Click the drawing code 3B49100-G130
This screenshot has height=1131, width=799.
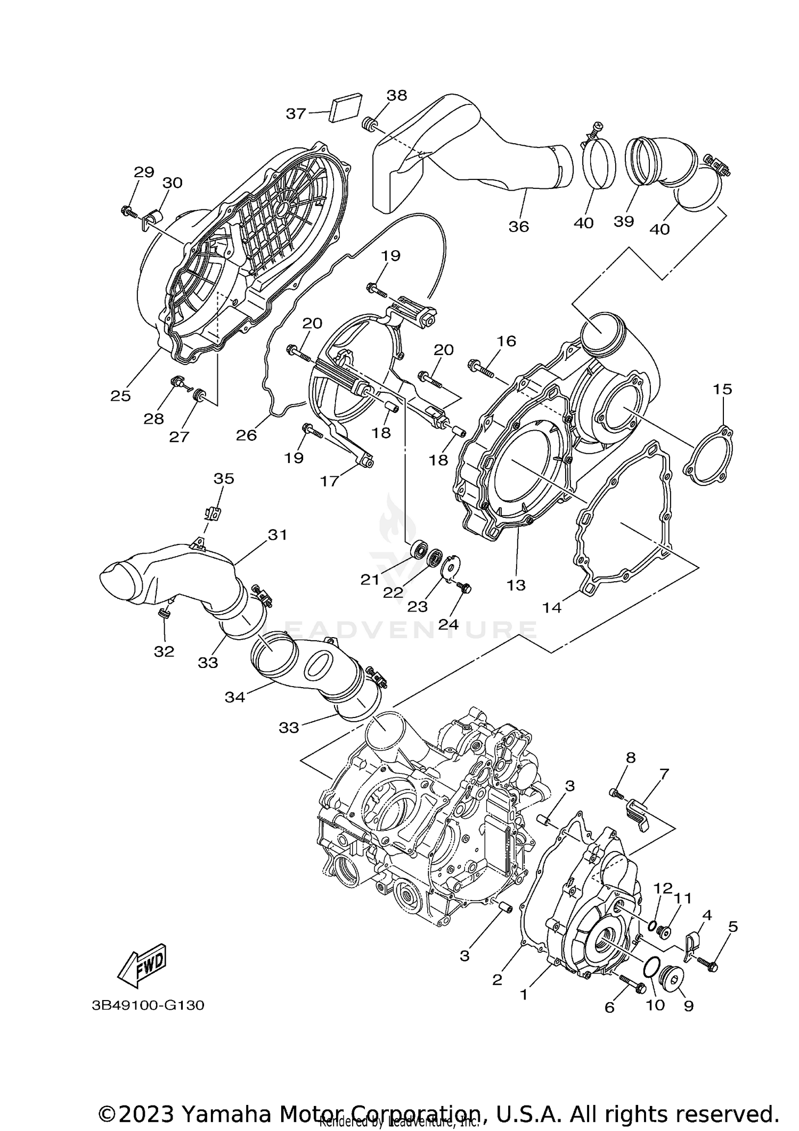pyautogui.click(x=148, y=1005)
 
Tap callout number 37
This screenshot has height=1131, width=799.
pyautogui.click(x=296, y=113)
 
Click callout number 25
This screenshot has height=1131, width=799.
pyautogui.click(x=120, y=395)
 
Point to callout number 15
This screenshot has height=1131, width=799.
pyautogui.click(x=722, y=389)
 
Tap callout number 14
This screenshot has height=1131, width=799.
pyautogui.click(x=551, y=607)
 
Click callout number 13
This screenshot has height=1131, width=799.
pyautogui.click(x=516, y=585)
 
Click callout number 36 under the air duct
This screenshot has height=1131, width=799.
pyautogui.click(x=518, y=227)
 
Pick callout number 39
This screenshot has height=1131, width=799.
pyautogui.click(x=624, y=221)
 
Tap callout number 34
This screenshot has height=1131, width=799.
pyautogui.click(x=234, y=697)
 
